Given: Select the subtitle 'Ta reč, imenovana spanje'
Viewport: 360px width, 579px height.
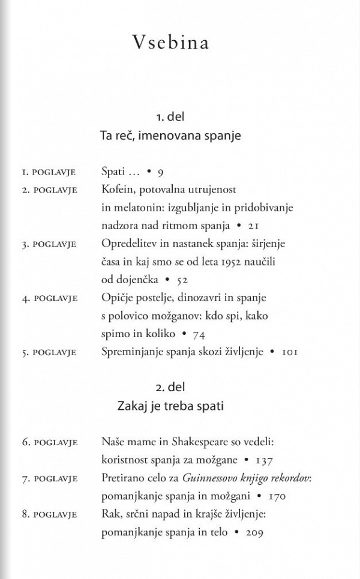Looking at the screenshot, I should (x=170, y=136).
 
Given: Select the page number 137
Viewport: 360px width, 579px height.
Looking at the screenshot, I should (x=265, y=460).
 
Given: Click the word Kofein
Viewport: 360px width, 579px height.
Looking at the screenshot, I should (x=118, y=190).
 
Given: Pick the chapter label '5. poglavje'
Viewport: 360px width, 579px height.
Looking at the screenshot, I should (x=49, y=352).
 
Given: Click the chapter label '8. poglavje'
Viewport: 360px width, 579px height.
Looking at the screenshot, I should (x=50, y=515).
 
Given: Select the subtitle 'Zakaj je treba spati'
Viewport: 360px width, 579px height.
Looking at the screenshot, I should (x=170, y=406).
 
